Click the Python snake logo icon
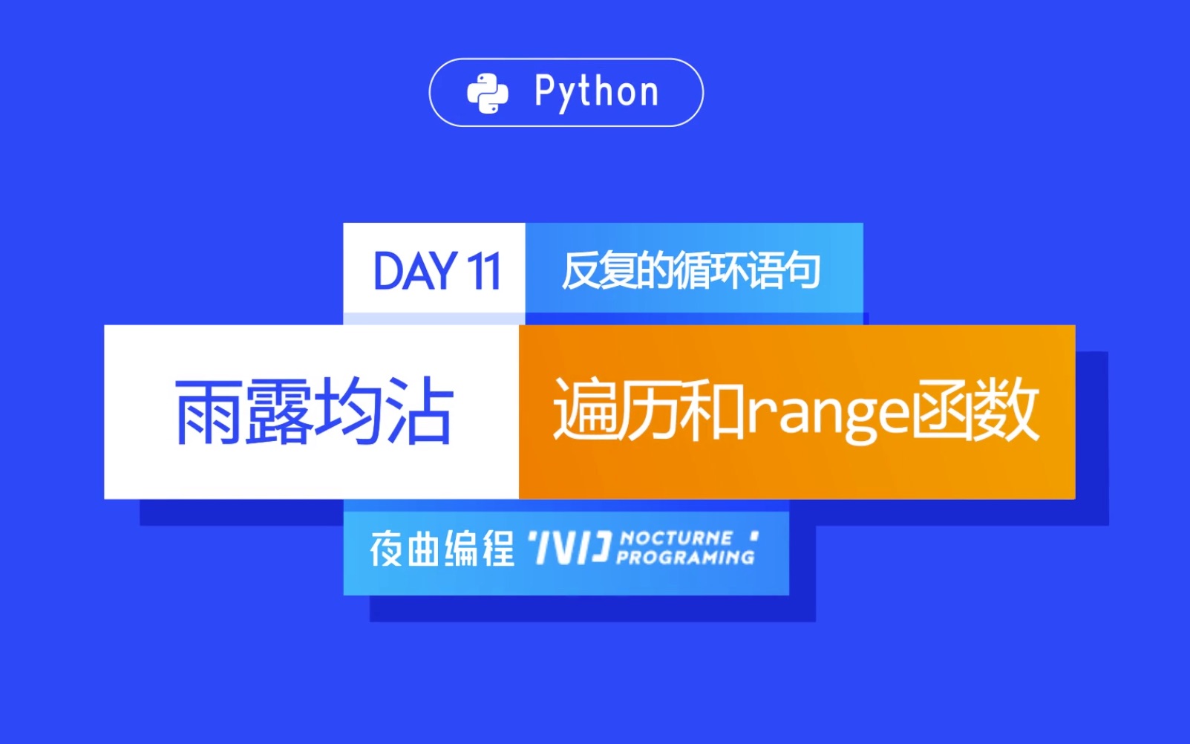click(487, 94)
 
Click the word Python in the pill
click(596, 93)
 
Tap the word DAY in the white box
click(414, 272)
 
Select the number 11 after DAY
click(483, 272)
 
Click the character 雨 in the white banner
click(209, 412)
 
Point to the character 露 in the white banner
click(279, 412)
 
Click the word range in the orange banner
click(826, 413)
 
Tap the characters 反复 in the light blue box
click(598, 271)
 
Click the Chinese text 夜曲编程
click(442, 550)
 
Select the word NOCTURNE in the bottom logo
click(676, 538)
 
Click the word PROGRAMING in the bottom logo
click(684, 557)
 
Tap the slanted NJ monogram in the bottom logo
click(570, 549)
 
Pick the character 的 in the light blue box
click(653, 271)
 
